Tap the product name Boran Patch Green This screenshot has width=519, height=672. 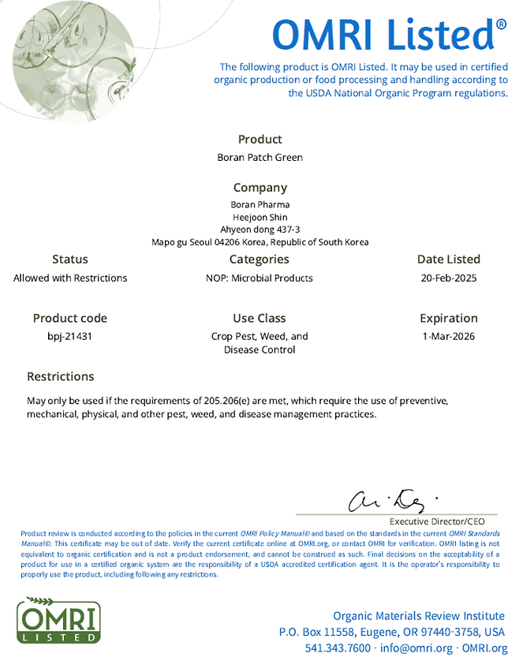click(259, 157)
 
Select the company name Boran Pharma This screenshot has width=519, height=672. click(259, 204)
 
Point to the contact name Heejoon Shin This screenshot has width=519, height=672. click(259, 217)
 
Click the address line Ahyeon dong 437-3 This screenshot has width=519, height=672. click(259, 230)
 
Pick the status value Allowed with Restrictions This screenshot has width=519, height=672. click(70, 278)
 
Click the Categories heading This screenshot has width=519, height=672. click(259, 259)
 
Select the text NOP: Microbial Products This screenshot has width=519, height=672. click(259, 278)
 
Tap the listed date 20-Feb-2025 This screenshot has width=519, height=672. click(448, 278)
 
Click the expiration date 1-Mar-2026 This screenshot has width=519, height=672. click(448, 337)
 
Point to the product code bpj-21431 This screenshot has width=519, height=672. click(70, 337)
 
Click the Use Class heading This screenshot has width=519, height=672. click(259, 318)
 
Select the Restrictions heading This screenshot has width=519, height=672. click(61, 376)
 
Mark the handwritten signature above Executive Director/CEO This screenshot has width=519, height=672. click(390, 499)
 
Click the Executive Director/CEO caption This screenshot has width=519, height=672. click(437, 521)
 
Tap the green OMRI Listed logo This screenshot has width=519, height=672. click(59, 621)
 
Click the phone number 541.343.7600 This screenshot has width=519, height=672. click(338, 648)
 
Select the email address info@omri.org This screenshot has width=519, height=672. click(416, 648)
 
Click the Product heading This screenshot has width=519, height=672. click(259, 140)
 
